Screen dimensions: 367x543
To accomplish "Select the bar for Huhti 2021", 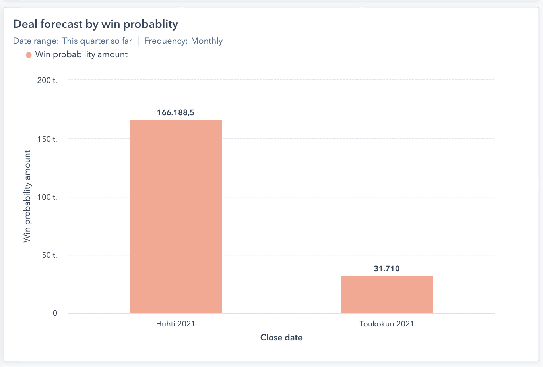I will click(x=176, y=216).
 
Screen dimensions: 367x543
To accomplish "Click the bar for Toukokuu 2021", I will click(x=387, y=294).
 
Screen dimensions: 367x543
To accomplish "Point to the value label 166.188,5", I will click(x=176, y=113).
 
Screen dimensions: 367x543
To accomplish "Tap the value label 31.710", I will click(x=387, y=269).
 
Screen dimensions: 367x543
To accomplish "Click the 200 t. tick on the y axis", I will click(x=47, y=80).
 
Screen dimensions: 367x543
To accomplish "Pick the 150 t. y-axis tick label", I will click(x=47, y=139).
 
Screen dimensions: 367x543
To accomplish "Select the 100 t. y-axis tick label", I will click(x=47, y=197).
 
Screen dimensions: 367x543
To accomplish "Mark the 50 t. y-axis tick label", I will click(x=49, y=255).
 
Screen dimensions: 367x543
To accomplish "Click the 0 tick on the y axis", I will click(x=55, y=313).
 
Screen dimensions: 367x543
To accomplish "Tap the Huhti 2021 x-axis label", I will click(x=176, y=324).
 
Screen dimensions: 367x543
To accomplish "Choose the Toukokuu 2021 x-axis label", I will click(x=387, y=324).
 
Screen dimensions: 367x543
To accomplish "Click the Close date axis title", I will click(x=281, y=338).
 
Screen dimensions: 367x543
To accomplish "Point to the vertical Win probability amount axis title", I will click(x=27, y=196).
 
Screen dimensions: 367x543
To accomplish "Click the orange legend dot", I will click(x=29, y=55).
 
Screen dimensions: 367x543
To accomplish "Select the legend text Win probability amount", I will click(x=81, y=54).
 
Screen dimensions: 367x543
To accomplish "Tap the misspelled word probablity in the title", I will click(x=151, y=24).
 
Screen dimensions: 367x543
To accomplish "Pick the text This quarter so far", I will click(x=97, y=41).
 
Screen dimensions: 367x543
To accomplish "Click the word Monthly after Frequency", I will click(x=207, y=41).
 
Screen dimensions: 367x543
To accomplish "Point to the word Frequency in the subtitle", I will click(x=166, y=41).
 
